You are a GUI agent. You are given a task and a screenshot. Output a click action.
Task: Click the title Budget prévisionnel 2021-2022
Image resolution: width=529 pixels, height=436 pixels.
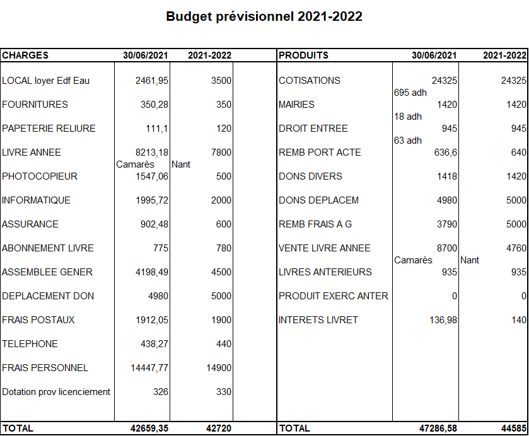click(x=264, y=17)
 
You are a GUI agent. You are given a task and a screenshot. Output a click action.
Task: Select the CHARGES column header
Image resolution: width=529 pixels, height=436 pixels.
click(x=25, y=55)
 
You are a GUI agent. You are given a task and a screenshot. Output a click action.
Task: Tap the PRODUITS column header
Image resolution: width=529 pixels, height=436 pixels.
click(x=303, y=55)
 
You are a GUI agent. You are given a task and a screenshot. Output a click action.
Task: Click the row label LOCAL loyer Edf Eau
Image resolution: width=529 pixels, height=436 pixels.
click(x=45, y=81)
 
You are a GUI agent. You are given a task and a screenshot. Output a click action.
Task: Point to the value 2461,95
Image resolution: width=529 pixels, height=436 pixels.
click(x=152, y=81)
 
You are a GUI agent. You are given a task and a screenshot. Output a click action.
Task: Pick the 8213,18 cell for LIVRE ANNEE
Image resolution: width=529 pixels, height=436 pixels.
click(x=152, y=152)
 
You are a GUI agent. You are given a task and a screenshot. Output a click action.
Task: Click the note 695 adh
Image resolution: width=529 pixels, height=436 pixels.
click(x=410, y=93)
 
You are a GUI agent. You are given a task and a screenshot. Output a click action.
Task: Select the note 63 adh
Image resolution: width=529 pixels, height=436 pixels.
click(x=408, y=141)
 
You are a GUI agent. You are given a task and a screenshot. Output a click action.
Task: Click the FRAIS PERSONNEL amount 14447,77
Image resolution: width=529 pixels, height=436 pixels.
click(x=149, y=368)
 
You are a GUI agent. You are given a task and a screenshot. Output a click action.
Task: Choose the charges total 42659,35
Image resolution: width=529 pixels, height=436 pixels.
click(x=149, y=428)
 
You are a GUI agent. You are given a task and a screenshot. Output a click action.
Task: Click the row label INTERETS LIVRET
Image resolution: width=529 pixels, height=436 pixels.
click(x=318, y=320)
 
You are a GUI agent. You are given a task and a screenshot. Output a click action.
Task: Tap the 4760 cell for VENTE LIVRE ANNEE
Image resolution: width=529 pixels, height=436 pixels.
click(x=515, y=248)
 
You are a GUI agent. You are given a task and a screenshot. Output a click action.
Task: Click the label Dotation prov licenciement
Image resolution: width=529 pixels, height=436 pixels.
click(x=56, y=392)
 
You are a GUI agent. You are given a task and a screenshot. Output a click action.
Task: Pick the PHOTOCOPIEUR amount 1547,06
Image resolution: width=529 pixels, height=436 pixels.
click(x=152, y=176)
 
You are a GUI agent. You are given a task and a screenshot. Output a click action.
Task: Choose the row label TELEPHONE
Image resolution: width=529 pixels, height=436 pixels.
click(x=30, y=344)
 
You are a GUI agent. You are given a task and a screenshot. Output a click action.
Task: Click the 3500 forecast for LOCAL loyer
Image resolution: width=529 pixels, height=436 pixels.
click(x=221, y=81)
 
